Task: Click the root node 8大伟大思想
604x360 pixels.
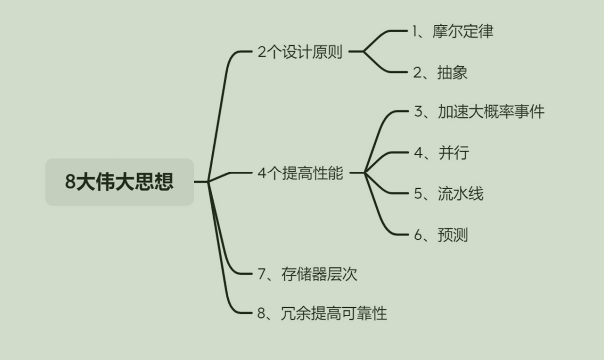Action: (x=119, y=182)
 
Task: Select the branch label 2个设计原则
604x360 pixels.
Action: (x=300, y=52)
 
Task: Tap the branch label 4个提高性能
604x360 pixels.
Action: (x=300, y=173)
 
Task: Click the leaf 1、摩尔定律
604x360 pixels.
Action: (x=453, y=32)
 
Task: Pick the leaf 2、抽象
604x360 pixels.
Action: (x=440, y=72)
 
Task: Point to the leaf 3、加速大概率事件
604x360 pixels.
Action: (x=479, y=112)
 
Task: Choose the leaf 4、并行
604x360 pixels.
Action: (x=441, y=153)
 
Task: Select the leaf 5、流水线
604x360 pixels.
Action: (x=448, y=194)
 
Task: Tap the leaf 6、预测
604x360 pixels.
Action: (x=440, y=235)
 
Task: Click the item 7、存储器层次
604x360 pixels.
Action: (x=307, y=274)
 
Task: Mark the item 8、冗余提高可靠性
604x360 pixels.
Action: (x=322, y=313)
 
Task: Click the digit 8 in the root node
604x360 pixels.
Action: (x=70, y=182)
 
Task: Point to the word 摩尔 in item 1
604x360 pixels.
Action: (x=447, y=32)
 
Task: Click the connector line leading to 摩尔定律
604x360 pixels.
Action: (x=384, y=34)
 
